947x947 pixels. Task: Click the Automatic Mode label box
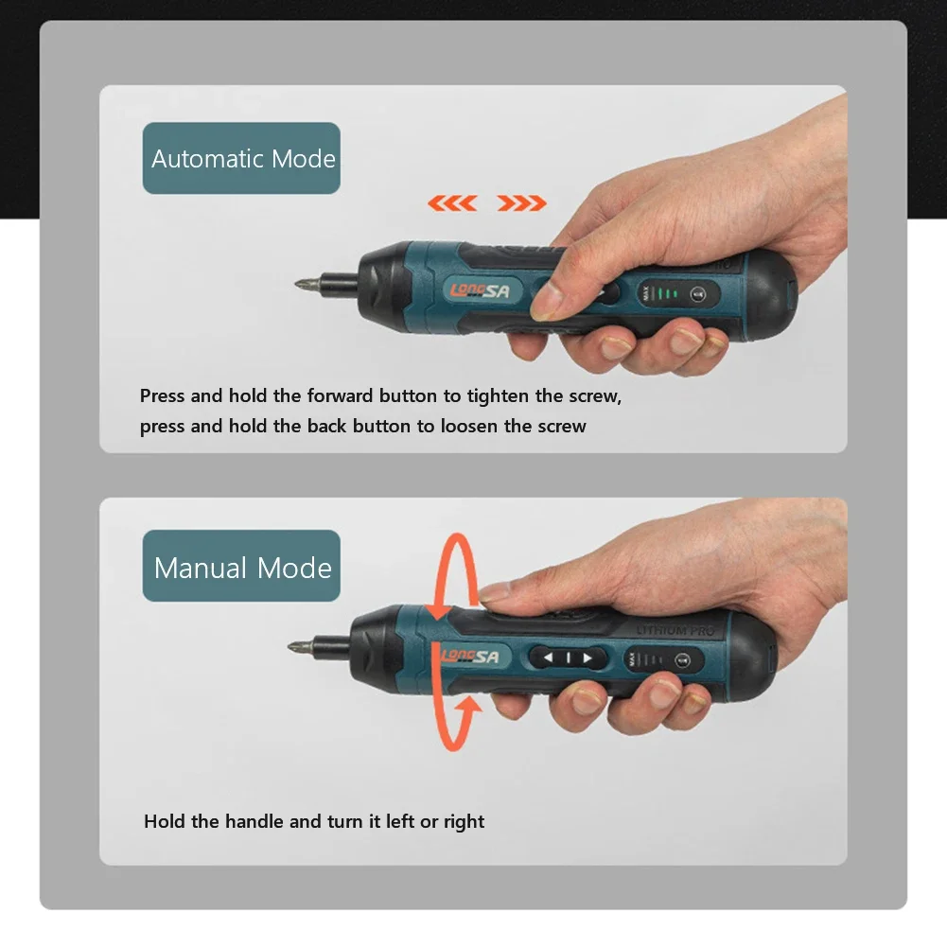[241, 158]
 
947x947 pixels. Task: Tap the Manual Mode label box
[241, 567]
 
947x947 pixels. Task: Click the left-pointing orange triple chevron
[450, 202]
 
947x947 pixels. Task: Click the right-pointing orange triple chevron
[521, 202]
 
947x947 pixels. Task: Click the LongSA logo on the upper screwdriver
[480, 290]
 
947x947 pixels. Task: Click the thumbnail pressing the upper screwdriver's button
[546, 301]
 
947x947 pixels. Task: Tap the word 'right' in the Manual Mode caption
[464, 821]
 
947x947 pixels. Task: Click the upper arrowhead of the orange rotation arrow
[437, 609]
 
